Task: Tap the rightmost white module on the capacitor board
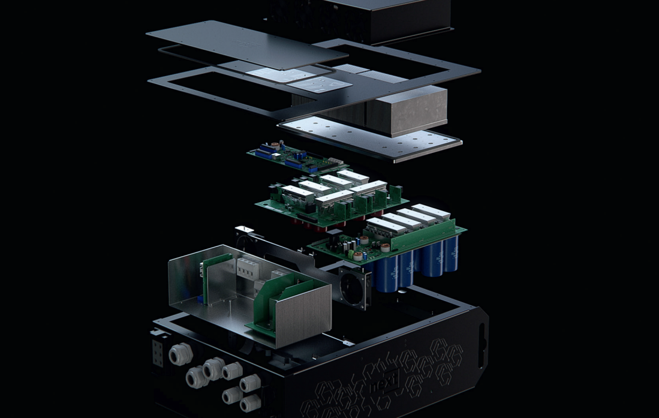tap(431, 212)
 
